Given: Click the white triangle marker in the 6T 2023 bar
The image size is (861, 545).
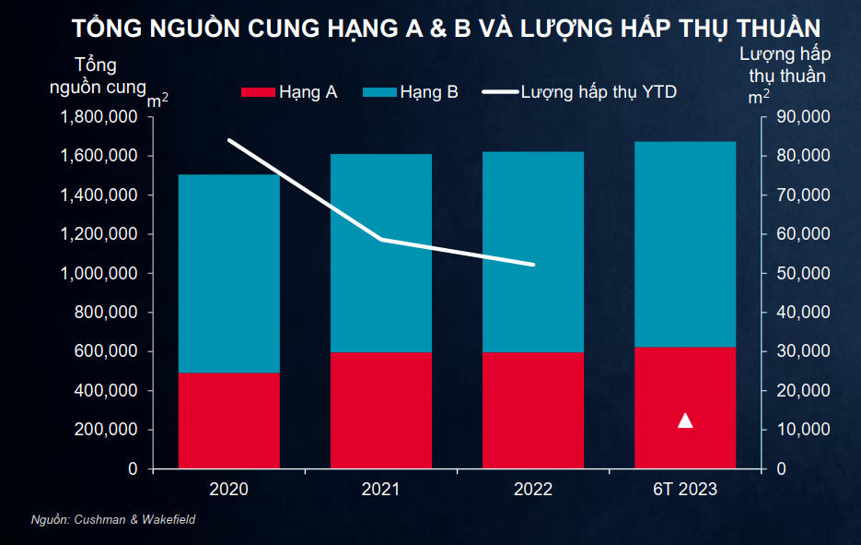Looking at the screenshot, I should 685,421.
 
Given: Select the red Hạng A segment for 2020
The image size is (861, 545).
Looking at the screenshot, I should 228,421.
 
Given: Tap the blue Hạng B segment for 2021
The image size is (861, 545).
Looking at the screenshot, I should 381,253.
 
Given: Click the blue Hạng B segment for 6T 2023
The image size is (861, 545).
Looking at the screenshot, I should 685,244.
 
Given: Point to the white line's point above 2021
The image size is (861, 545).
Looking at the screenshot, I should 381,240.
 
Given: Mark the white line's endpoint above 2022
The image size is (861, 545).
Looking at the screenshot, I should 533,265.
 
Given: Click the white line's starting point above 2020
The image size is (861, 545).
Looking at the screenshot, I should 228,140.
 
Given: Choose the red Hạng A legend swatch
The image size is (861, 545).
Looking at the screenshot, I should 258,92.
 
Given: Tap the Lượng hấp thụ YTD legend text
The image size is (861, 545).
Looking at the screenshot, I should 599,92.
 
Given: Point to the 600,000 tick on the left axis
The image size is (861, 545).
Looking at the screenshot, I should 106,351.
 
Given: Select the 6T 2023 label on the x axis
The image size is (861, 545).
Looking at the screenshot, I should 684,490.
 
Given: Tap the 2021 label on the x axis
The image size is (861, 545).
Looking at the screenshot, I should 381,490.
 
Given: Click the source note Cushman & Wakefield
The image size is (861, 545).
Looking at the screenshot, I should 113,520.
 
